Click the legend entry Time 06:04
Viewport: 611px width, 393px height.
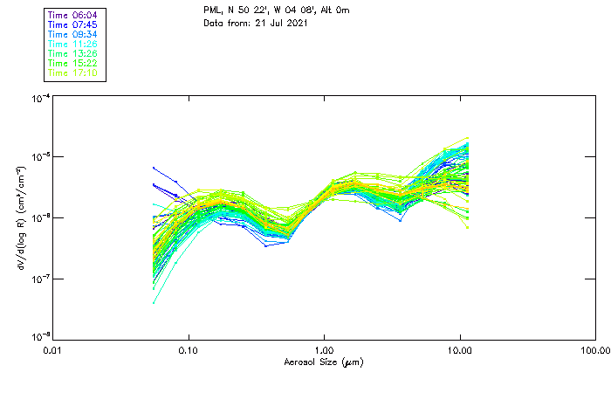point(72,15)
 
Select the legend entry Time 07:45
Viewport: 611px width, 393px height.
point(72,24)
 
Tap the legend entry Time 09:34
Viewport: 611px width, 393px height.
point(72,34)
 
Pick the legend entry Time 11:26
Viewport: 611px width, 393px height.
point(72,44)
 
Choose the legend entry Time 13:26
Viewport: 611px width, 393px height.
point(72,53)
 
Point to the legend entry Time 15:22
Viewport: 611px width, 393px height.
point(72,63)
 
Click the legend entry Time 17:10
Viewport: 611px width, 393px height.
point(72,72)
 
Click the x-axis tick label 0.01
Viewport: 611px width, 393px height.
point(53,350)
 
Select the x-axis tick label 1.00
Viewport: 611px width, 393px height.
point(325,350)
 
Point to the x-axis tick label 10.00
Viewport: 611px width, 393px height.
point(460,350)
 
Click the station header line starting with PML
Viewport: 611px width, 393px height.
point(272,10)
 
